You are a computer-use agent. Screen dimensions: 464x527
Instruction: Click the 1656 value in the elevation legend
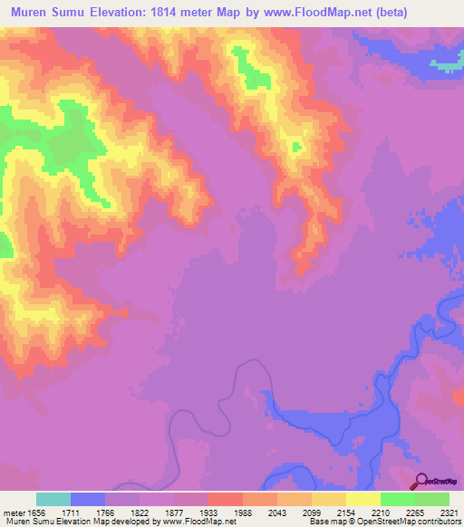[36, 512]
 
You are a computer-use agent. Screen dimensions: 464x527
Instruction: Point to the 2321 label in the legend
[449, 512]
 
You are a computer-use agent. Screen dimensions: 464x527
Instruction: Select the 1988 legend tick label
[243, 512]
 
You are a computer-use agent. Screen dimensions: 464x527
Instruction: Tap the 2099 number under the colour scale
[312, 512]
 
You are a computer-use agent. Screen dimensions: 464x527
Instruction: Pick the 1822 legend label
[140, 512]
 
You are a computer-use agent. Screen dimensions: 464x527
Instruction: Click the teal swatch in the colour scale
[53, 499]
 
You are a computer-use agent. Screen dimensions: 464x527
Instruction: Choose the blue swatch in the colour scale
[88, 499]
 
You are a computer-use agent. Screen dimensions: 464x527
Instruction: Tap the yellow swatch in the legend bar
[362, 499]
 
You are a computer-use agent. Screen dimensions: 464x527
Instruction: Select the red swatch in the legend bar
[225, 499]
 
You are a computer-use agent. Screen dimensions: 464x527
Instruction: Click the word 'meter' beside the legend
[13, 512]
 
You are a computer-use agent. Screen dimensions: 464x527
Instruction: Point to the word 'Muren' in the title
[31, 13]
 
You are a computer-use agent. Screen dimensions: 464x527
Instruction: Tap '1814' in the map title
[177, 13]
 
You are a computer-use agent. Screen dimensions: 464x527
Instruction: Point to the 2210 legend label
[381, 512]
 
